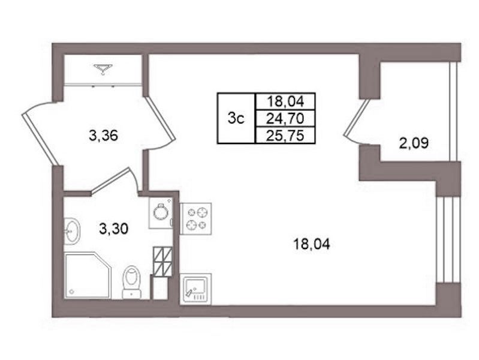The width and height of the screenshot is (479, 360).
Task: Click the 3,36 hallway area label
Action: (x=103, y=135)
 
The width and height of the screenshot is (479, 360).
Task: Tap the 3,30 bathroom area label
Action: (x=113, y=228)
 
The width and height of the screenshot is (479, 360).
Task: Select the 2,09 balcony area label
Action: (x=414, y=143)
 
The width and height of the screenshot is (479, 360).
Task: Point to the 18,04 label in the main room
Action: (x=312, y=244)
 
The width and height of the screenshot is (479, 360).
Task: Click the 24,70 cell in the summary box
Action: (x=285, y=118)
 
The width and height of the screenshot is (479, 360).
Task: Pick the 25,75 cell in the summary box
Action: (x=285, y=135)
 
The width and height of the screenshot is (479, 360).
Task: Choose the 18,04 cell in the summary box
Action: (x=285, y=101)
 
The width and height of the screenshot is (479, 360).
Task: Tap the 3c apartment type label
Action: (x=236, y=118)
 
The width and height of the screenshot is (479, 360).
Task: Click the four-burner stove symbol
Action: (x=196, y=218)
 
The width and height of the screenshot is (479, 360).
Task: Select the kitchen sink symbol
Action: (x=195, y=289)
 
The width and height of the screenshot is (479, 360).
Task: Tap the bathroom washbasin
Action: (x=72, y=231)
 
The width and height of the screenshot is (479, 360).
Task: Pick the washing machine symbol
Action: (x=161, y=213)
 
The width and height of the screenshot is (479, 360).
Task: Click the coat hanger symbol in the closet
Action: (x=103, y=69)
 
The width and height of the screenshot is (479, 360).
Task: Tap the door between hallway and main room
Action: (x=160, y=119)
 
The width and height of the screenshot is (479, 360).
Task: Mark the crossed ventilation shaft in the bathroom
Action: (x=163, y=260)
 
